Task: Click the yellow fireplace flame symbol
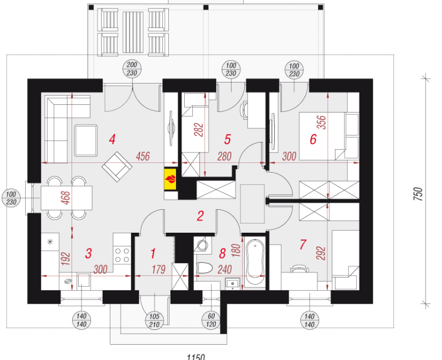click(170, 179)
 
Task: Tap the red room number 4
click(112, 139)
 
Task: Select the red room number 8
click(222, 253)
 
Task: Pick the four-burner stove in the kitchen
click(122, 255)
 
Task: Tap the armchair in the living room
click(117, 167)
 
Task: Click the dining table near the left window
click(67, 198)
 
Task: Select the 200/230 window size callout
click(132, 69)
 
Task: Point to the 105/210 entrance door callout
click(154, 321)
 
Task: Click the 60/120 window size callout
click(211, 320)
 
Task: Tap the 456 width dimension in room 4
click(143, 156)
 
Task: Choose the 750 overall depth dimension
click(419, 194)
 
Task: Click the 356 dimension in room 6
click(322, 122)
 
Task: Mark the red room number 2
click(200, 216)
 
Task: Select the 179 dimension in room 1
click(158, 269)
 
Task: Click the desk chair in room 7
click(299, 268)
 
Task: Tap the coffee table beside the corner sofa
click(86, 141)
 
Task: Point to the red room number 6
click(313, 139)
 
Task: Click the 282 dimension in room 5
click(199, 129)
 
